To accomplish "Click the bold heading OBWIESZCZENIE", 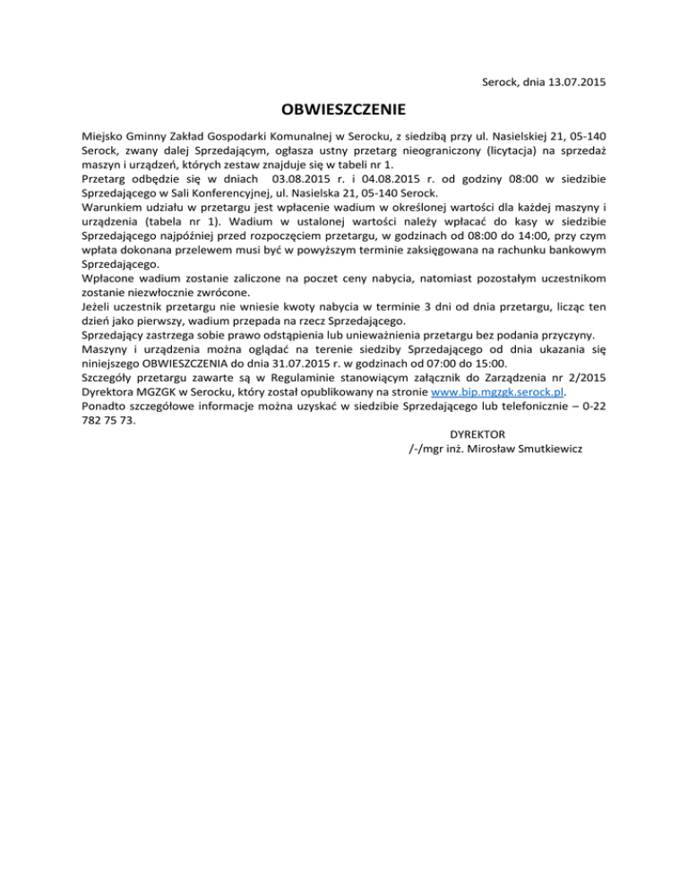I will click(344, 111).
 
